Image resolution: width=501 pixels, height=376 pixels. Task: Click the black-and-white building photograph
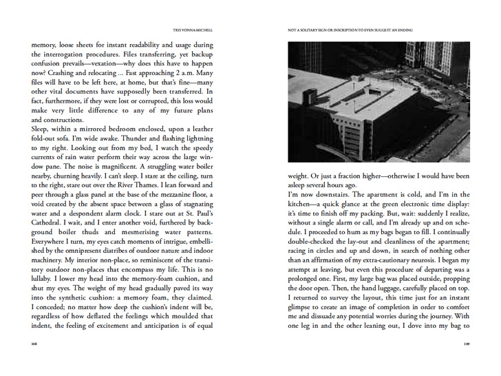(379, 101)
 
